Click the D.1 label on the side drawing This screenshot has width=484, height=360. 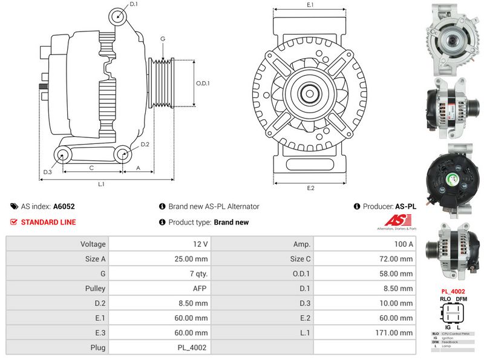pos(134,4)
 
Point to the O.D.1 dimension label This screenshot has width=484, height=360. pos(203,84)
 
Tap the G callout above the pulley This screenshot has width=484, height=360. pos(162,39)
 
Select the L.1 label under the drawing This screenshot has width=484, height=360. pos(102,183)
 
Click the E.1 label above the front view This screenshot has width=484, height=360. pos(310,5)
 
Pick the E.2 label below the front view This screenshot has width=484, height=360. pos(310,188)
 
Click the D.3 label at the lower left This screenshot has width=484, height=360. pos(47,172)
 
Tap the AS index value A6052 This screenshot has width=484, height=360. pos(64,206)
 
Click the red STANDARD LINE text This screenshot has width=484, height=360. pos(48,222)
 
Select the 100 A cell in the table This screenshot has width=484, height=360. pos(365,244)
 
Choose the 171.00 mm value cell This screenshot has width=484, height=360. pos(365,332)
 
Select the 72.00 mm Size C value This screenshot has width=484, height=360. pos(365,259)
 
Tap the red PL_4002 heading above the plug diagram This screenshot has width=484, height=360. pos(452,291)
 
